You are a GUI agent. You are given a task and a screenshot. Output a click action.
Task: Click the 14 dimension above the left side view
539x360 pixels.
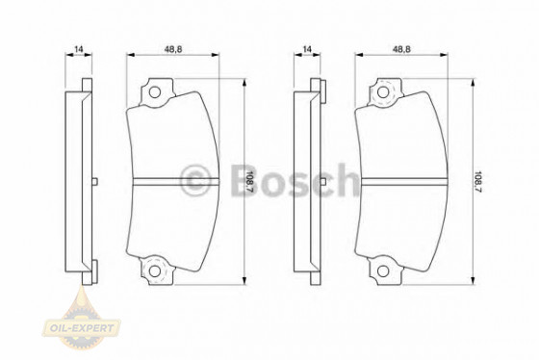[x=79, y=48]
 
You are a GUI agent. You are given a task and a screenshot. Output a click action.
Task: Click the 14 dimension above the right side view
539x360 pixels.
[x=307, y=48]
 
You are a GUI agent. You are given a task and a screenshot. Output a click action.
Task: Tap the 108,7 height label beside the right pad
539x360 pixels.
[x=478, y=180]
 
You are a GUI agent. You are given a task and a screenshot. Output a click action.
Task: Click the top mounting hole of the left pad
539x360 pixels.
[x=154, y=93]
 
